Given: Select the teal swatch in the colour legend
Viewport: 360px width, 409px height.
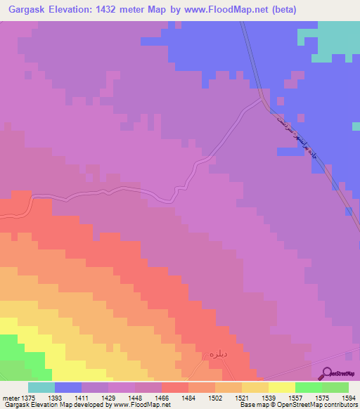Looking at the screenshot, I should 41,387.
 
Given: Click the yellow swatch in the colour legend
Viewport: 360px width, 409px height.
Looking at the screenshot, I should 281,387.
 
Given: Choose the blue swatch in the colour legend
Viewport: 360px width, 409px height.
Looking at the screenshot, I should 68,387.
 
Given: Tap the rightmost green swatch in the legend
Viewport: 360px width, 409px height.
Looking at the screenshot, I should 335,387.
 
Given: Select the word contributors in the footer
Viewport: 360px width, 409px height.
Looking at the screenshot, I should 339,405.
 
